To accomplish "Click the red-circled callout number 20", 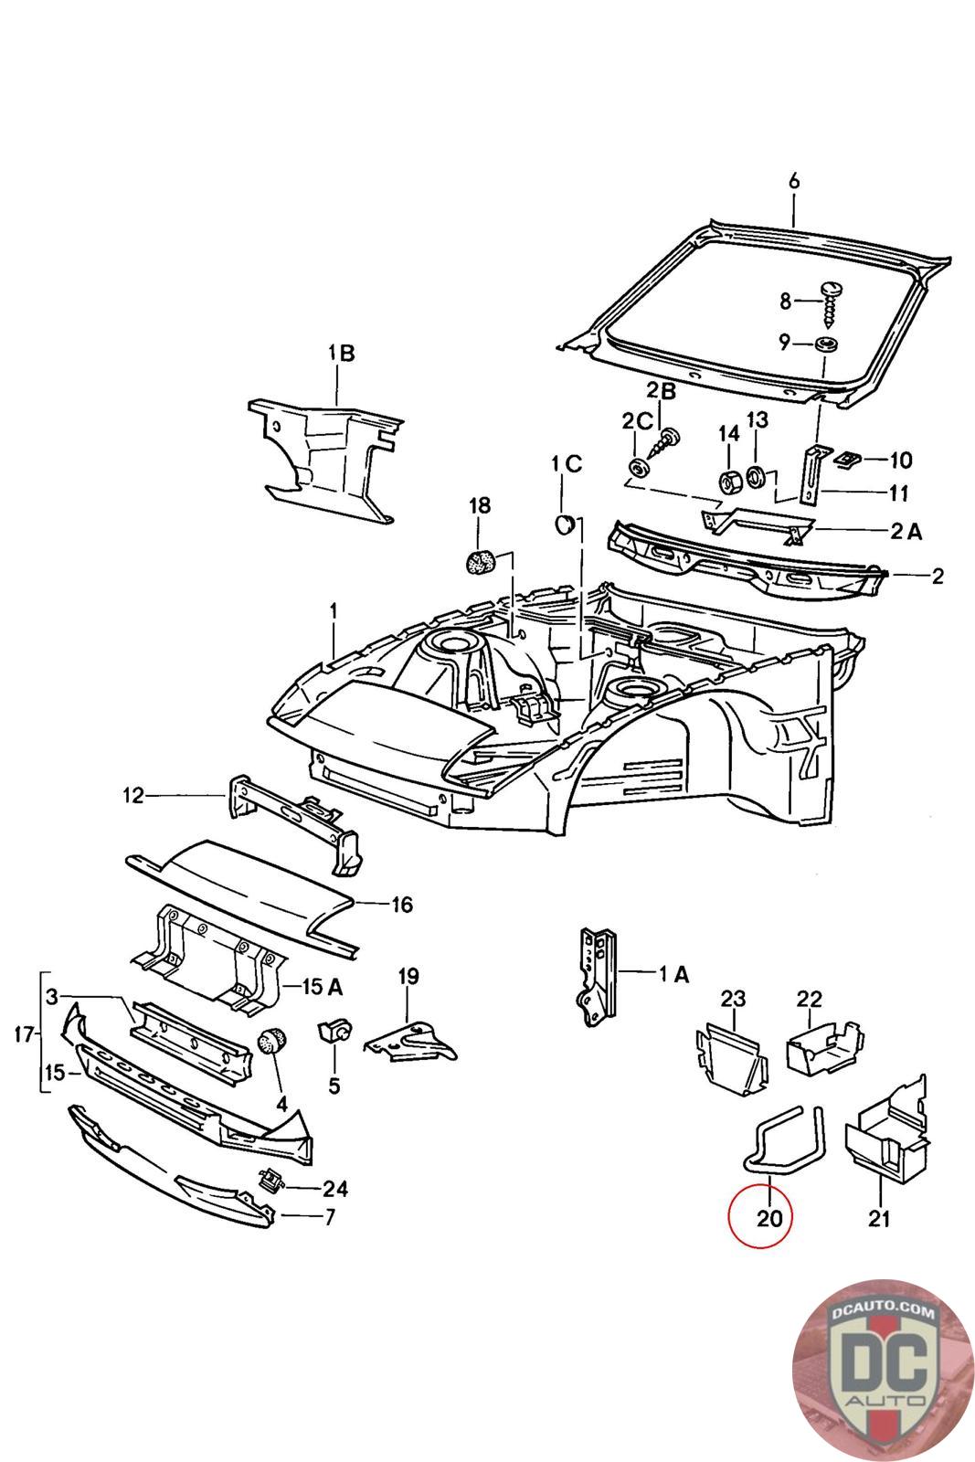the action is tap(769, 1218).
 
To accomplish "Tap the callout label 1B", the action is tap(342, 354).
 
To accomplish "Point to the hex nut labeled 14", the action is tap(727, 481).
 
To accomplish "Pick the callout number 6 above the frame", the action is tap(793, 181).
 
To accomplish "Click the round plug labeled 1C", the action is tap(563, 524).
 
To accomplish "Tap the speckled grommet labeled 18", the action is tap(482, 563).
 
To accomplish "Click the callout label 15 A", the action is tap(323, 986).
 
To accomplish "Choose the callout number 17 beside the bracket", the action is tap(24, 1034).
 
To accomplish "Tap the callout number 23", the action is tap(733, 999).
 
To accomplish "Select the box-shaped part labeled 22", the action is tap(825, 1047).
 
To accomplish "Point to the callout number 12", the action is tap(133, 796).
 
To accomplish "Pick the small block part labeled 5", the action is tap(334, 1032).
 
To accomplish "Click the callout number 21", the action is tap(879, 1218).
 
